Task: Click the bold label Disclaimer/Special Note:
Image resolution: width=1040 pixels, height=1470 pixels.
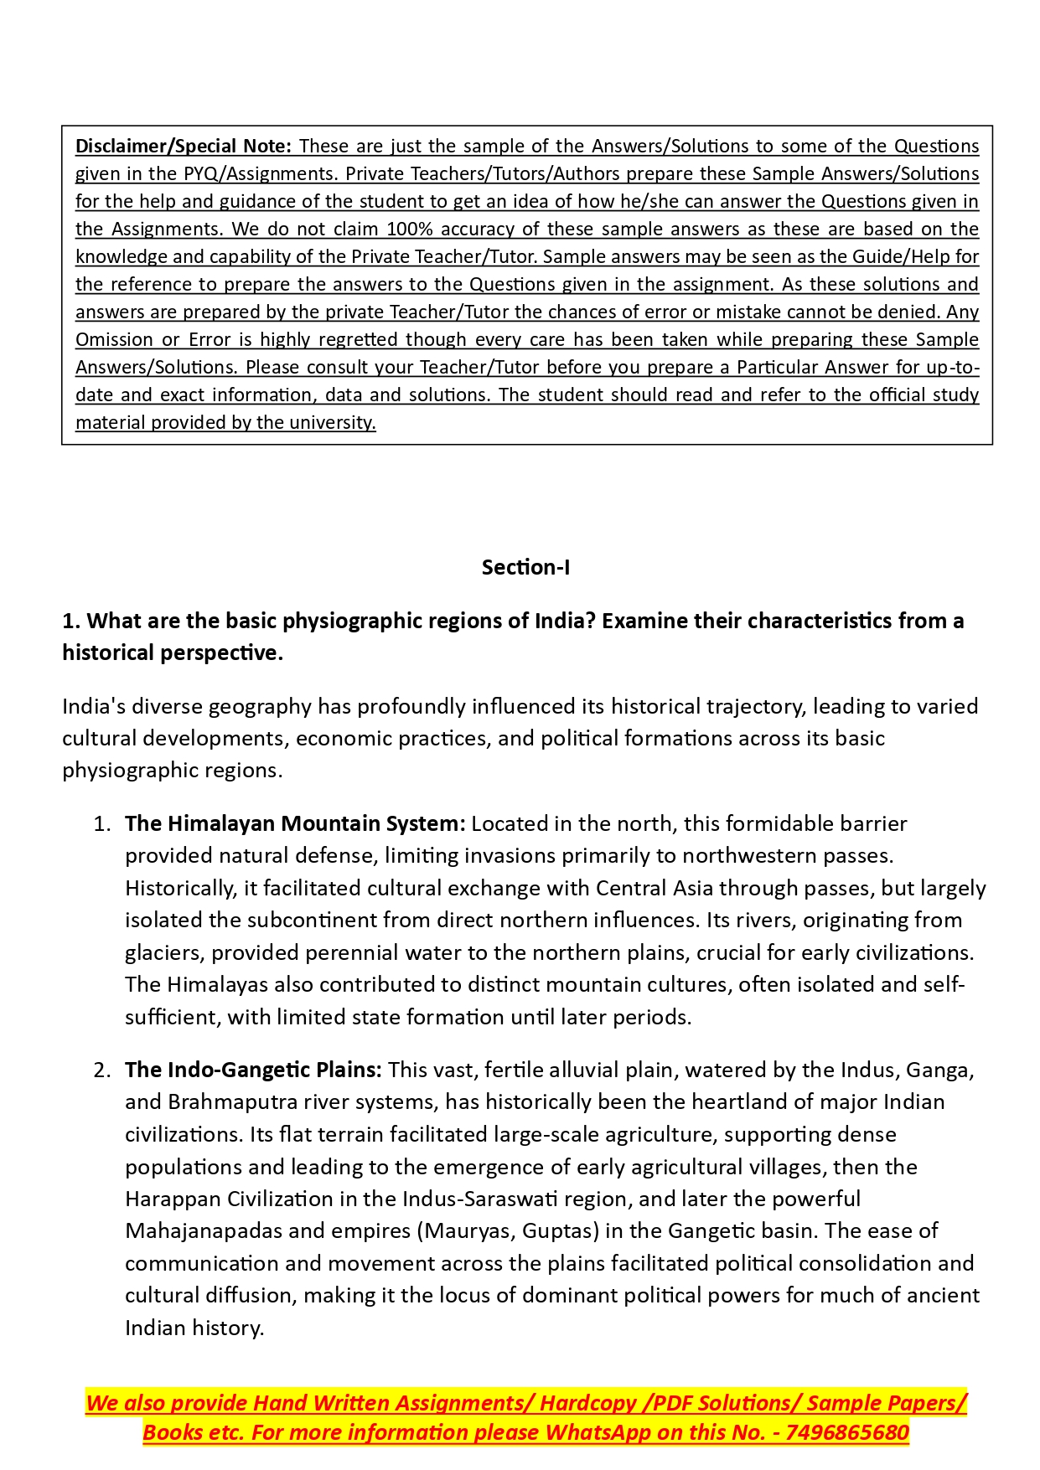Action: point(183,146)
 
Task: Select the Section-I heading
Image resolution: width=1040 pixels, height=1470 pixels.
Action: point(525,567)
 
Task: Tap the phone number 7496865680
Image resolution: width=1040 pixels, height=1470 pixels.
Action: point(847,1432)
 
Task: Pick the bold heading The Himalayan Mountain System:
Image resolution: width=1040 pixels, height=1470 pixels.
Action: point(295,823)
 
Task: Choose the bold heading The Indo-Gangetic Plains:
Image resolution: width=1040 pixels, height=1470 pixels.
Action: point(253,1070)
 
